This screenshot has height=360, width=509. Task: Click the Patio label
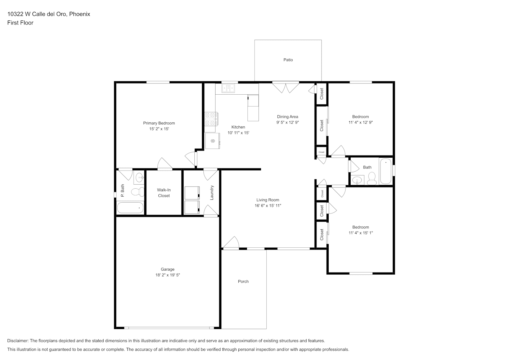288,60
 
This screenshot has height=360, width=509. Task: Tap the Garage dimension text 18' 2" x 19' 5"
167,275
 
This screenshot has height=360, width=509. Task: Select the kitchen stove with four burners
211,119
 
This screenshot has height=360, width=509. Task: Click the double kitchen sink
228,88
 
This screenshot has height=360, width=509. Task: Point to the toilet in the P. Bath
138,192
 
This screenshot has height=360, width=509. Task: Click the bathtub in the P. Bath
130,208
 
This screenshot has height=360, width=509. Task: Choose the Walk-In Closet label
164,193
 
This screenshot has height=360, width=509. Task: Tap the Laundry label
212,193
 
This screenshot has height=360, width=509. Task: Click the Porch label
243,282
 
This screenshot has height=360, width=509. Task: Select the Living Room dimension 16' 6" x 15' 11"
268,206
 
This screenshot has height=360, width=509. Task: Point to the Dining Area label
288,117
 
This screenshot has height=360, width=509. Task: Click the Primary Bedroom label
159,123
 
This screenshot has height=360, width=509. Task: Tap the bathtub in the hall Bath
386,171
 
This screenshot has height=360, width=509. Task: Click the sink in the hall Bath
357,180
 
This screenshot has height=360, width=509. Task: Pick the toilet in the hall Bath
372,179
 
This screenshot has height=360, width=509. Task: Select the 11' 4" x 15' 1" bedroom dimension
361,233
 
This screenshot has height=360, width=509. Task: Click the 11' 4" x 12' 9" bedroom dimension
361,122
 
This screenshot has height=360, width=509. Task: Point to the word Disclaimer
18,341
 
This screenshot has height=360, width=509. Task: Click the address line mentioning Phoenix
49,14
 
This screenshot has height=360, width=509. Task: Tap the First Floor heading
20,23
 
